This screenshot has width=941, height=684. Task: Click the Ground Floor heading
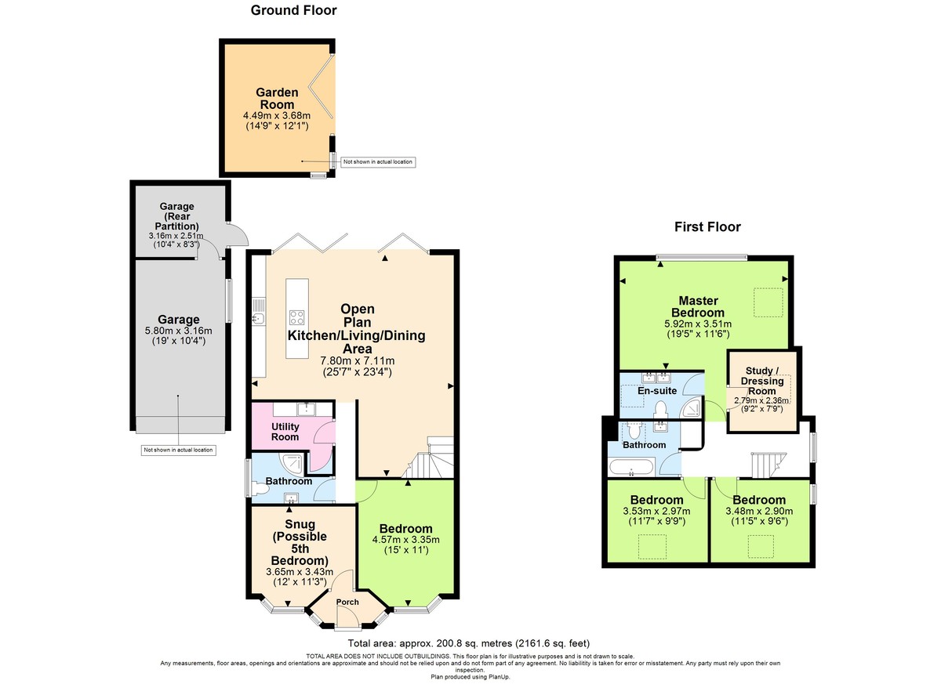click(293, 10)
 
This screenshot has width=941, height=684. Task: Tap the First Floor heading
click(707, 227)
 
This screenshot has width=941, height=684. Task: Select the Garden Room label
click(277, 99)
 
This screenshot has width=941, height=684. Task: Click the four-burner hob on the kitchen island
click(298, 317)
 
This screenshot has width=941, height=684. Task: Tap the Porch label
click(347, 602)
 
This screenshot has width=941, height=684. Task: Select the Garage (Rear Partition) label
click(176, 217)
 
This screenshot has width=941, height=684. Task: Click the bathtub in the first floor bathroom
click(635, 469)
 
